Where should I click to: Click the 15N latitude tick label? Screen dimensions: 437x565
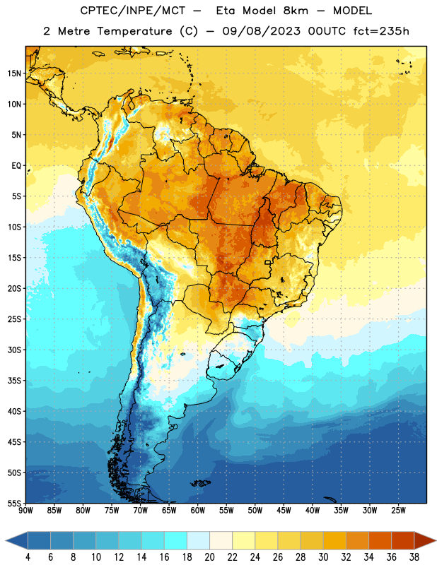tap(14, 73)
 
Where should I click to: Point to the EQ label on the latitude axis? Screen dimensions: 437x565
tap(16, 166)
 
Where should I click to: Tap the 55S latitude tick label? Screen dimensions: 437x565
tap(14, 503)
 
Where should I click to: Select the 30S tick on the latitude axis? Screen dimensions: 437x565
tap(14, 350)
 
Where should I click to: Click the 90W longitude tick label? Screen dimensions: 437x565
tap(25, 511)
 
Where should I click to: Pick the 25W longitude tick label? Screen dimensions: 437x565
tap(398, 511)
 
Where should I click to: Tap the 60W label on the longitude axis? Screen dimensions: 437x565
tap(198, 511)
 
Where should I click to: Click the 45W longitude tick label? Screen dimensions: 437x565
tap(284, 511)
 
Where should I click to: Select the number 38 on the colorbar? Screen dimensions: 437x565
tap(414, 557)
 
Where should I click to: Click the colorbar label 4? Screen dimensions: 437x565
tap(28, 557)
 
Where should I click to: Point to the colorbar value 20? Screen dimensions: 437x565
tap(209, 557)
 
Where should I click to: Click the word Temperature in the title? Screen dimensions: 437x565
tap(134, 31)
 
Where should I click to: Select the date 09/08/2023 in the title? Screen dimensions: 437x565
tap(261, 31)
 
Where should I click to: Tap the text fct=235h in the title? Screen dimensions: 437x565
tap(381, 31)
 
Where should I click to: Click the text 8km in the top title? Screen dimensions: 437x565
tap(296, 11)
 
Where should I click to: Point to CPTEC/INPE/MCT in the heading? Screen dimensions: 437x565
tap(132, 11)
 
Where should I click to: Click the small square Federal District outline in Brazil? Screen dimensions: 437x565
tap(268, 262)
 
